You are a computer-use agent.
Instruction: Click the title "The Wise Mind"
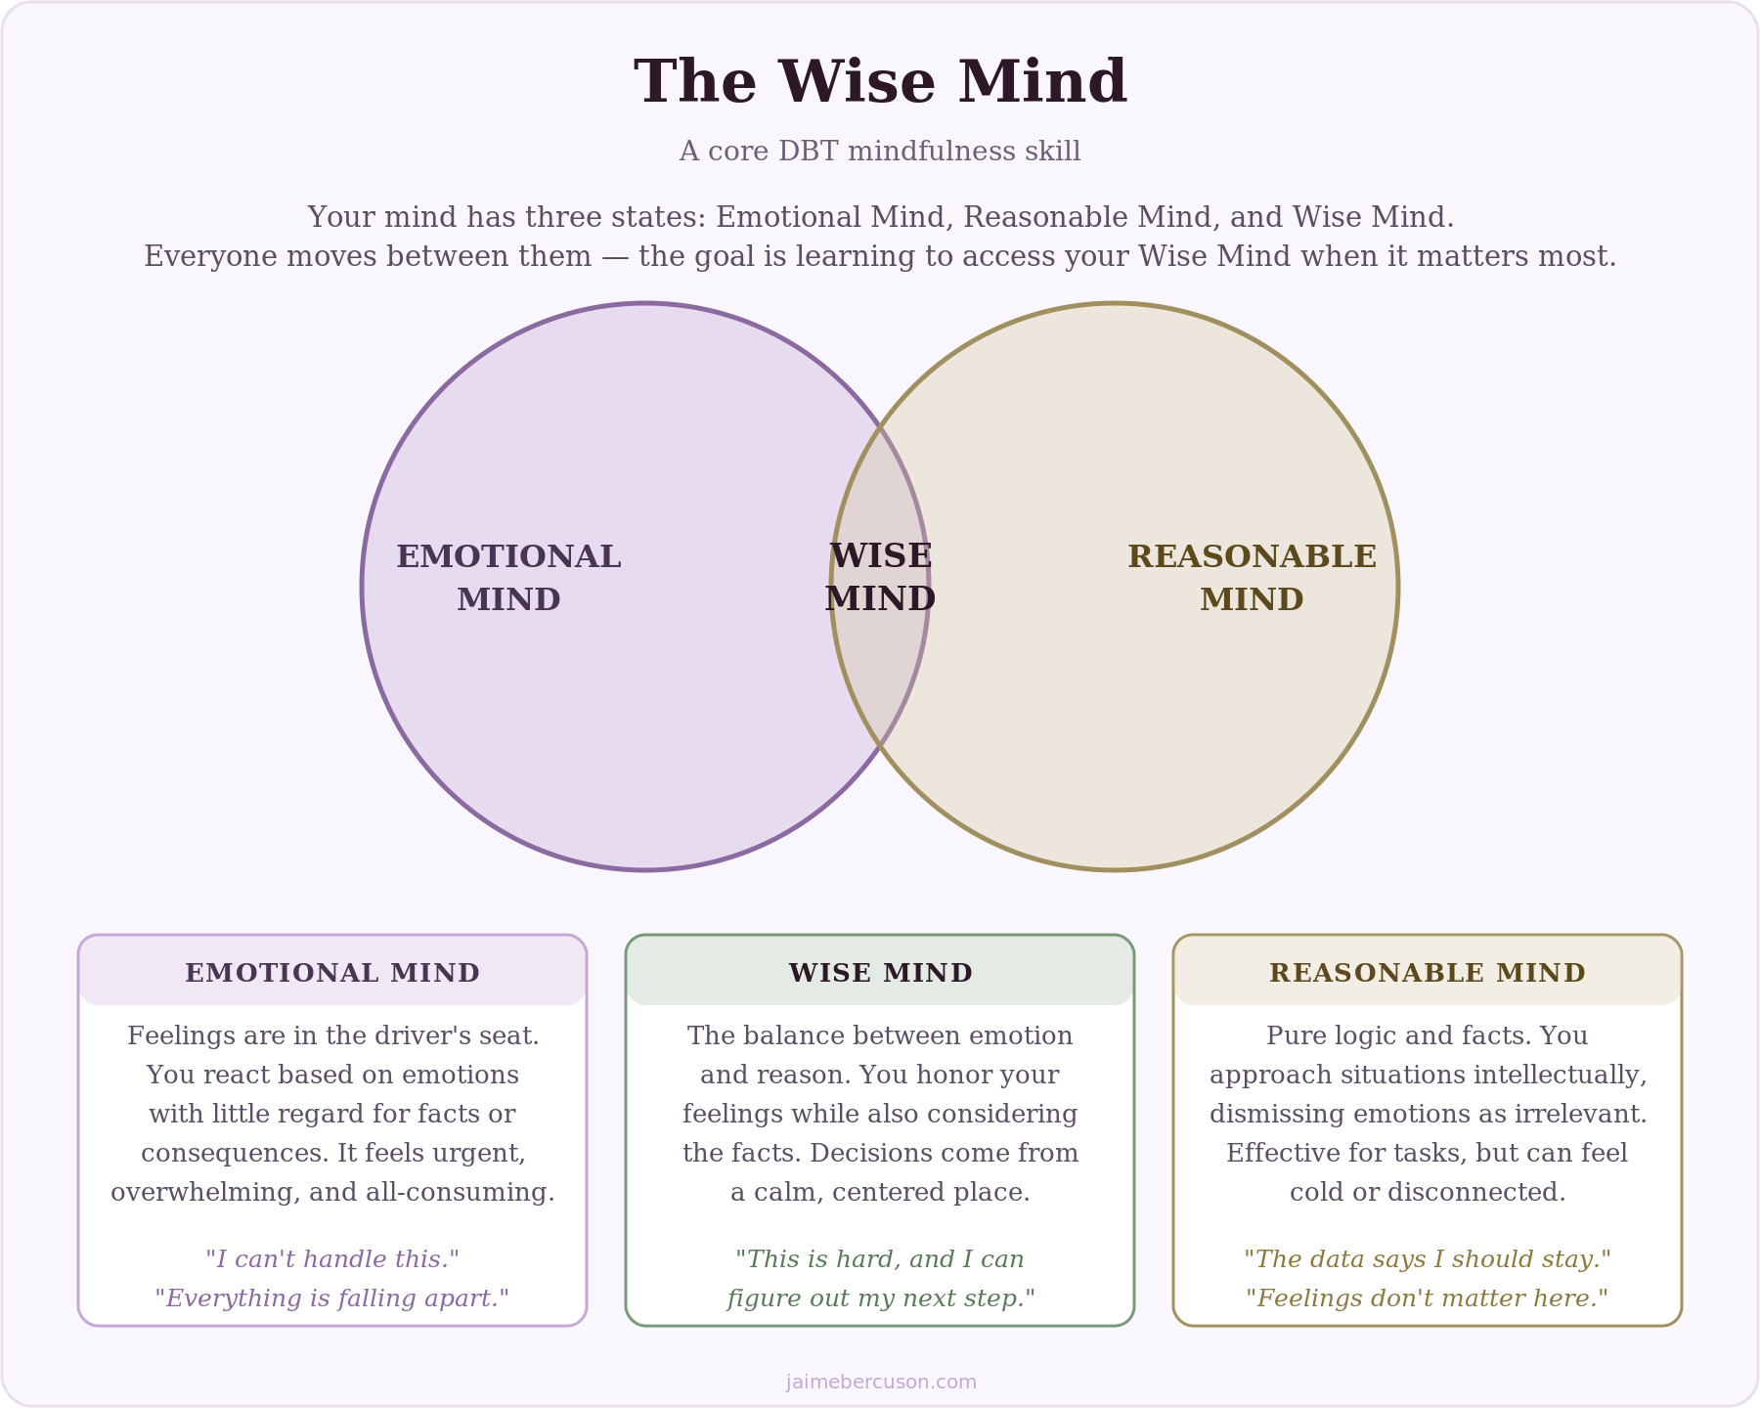(880, 82)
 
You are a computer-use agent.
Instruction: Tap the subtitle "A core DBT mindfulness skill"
(880, 152)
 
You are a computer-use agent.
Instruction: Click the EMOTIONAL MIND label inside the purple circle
(508, 578)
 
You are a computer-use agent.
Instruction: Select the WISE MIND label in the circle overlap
(880, 578)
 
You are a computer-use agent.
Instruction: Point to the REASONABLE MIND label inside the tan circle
(1252, 578)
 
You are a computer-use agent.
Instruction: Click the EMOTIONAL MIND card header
(332, 973)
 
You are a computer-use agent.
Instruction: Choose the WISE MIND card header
(880, 973)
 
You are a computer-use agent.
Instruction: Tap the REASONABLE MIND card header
(1428, 973)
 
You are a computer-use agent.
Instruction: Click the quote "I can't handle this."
(332, 1259)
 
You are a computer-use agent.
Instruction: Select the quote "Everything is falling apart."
(332, 1298)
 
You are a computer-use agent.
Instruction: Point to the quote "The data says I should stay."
(1428, 1259)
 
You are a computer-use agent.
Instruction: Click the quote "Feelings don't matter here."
(1428, 1298)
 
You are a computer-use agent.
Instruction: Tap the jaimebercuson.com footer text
(881, 1382)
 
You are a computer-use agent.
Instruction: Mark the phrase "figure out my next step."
(881, 1298)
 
